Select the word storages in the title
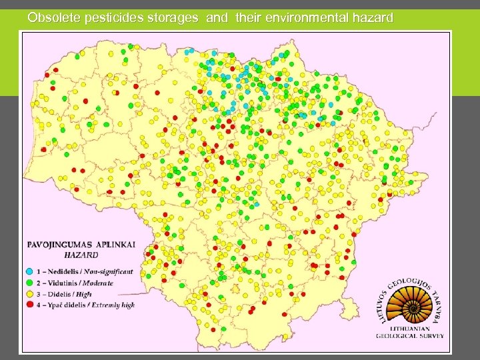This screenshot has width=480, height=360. point(171,18)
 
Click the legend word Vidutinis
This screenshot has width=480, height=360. point(56,283)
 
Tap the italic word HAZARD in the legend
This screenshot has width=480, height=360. point(81,254)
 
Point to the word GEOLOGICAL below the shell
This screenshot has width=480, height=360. point(399,337)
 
